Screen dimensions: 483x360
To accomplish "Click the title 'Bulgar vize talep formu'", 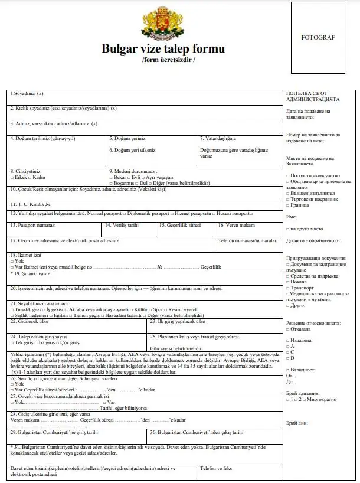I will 163,48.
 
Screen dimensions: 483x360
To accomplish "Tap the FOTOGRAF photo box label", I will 318,37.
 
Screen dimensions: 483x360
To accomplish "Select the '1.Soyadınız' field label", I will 27,94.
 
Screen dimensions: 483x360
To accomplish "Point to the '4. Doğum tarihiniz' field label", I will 43,139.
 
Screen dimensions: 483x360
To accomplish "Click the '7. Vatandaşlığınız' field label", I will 218,139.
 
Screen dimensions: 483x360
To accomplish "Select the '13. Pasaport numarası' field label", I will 35,225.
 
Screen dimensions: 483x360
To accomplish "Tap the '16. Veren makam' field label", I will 236,225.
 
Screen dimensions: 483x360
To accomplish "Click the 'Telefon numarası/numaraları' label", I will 247,240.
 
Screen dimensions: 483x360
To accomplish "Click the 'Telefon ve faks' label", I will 215,468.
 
